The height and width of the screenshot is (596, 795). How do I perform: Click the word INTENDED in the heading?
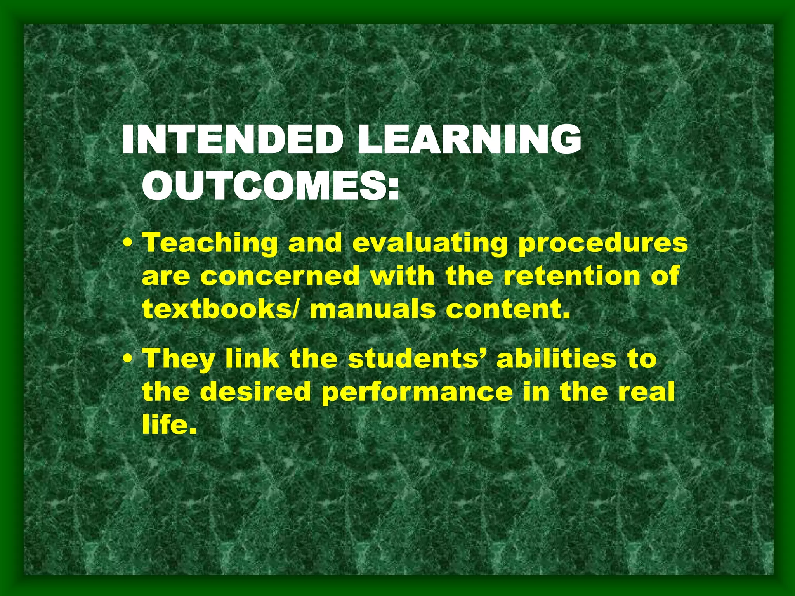pyautogui.click(x=232, y=140)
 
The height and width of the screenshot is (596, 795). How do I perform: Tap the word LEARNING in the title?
pyautogui.click(x=469, y=140)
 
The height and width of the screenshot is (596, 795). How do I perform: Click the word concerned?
pyautogui.click(x=280, y=277)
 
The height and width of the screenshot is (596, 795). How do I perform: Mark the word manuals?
pyautogui.click(x=373, y=309)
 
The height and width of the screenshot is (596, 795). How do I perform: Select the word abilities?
pyautogui.click(x=556, y=359)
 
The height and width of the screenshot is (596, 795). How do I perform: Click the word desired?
pyautogui.click(x=255, y=392)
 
